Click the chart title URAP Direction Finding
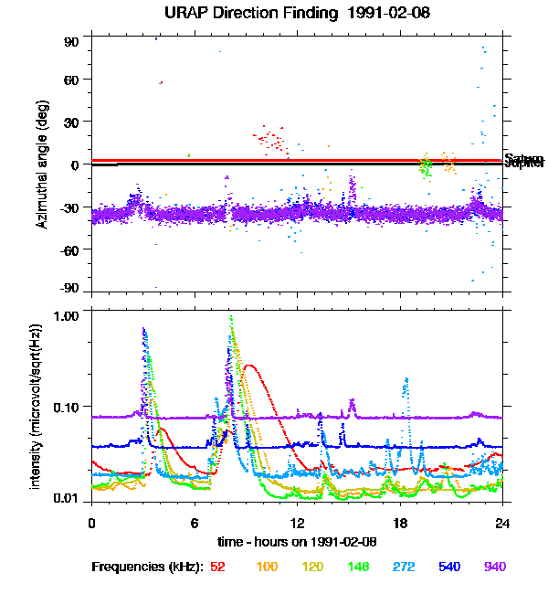tap(273, 14)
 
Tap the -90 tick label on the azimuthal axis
tap(69, 289)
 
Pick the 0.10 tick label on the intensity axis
tap(68, 406)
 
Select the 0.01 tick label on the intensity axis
tap(68, 498)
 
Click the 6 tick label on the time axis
tap(195, 523)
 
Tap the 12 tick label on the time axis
tap(297, 523)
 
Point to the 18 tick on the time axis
tap(400, 523)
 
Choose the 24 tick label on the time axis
tap(502, 523)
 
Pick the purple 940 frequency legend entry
tap(493, 567)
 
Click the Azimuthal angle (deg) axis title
tap(42, 164)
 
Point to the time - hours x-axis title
tap(297, 542)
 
